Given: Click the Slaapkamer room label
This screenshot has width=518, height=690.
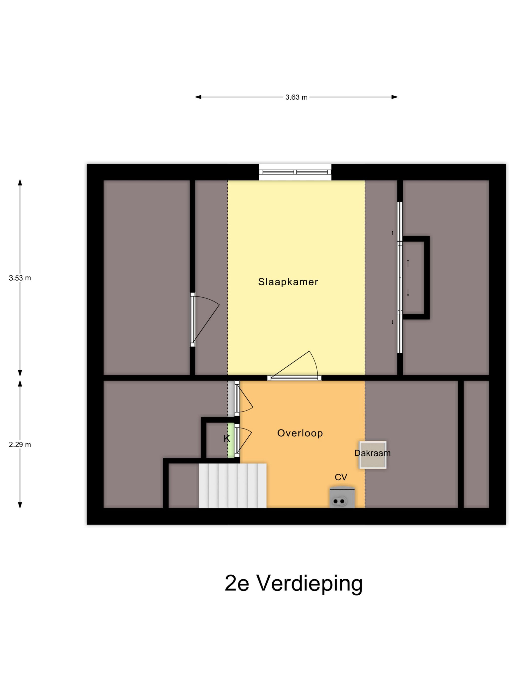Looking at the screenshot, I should (x=288, y=282).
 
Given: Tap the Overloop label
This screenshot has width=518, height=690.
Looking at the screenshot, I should (x=300, y=433).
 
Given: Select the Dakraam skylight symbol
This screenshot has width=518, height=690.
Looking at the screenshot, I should (x=372, y=455).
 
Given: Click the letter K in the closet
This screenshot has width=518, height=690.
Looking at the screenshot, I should (x=227, y=439).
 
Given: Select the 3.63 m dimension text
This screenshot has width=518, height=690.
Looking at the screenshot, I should (x=296, y=97).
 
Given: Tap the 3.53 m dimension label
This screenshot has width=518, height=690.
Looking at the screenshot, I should (x=20, y=278).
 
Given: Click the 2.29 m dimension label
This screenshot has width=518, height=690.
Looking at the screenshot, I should (x=20, y=445).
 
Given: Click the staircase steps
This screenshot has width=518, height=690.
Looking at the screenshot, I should (x=233, y=486).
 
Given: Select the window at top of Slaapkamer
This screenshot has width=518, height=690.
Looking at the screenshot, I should (x=295, y=172).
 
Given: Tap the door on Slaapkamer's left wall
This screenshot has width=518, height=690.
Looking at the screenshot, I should (x=193, y=320).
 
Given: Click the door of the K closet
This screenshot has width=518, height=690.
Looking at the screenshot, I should (x=237, y=440).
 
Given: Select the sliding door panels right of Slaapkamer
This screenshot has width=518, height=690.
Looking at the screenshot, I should (x=400, y=278).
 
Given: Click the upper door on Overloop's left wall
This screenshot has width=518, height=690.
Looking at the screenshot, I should (x=237, y=398).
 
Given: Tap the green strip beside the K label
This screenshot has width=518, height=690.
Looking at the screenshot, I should (x=231, y=440).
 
